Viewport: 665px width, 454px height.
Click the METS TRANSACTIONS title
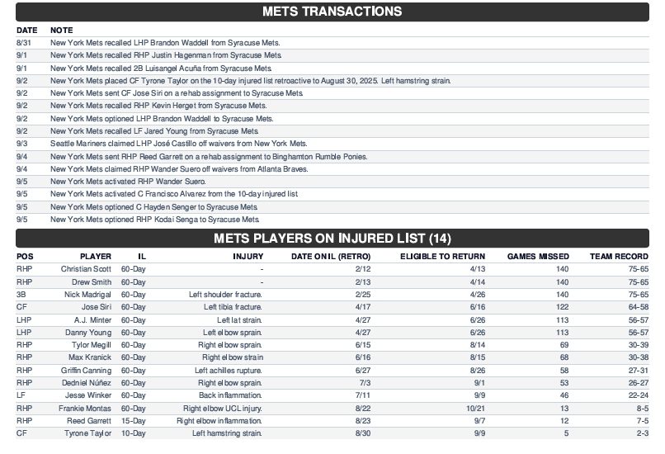tap(332, 12)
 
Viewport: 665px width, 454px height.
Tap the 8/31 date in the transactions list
tap(23, 42)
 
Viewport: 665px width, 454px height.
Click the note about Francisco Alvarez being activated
tap(174, 194)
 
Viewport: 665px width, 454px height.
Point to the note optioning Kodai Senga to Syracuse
tap(155, 220)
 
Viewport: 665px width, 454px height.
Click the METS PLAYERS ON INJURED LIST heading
tap(332, 239)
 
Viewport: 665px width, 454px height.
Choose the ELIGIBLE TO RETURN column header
tap(442, 256)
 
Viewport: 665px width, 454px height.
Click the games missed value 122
tap(562, 307)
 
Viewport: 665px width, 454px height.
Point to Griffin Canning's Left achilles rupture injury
tap(229, 371)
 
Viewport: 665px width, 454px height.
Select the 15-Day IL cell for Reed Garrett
tap(133, 421)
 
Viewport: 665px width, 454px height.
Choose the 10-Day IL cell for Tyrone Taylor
tap(133, 433)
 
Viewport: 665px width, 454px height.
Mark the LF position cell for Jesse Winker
tap(21, 395)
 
